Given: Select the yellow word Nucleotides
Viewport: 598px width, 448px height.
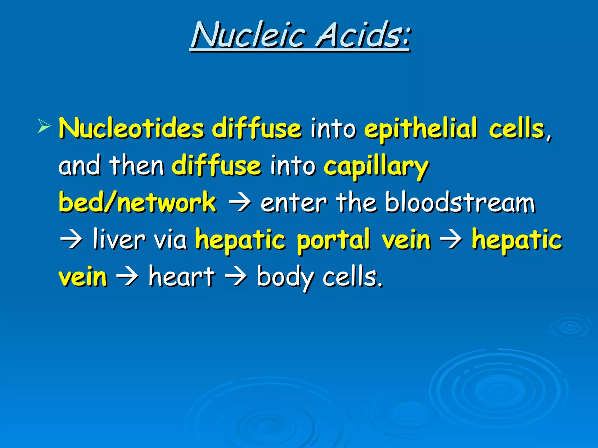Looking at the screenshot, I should coord(131,129).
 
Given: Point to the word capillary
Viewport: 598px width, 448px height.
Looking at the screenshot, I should coord(376,167).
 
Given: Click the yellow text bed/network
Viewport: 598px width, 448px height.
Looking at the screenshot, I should coord(137,202).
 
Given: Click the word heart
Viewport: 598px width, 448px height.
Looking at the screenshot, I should coord(182,276).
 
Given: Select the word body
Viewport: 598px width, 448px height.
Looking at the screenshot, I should coord(285,277).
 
